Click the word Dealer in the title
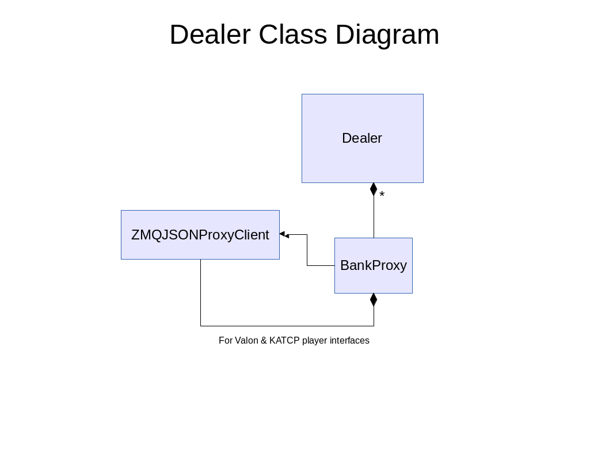[x=210, y=35]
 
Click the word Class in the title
[x=293, y=35]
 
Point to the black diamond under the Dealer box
[x=374, y=189]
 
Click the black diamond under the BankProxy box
[x=374, y=300]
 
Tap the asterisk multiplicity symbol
[x=382, y=194]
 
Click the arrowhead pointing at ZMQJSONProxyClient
[x=284, y=234]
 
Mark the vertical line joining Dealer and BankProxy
[x=374, y=217]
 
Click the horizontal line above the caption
[x=287, y=326]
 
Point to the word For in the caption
[x=225, y=341]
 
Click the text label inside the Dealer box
[x=362, y=138]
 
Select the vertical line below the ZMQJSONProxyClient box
[x=200, y=292]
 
